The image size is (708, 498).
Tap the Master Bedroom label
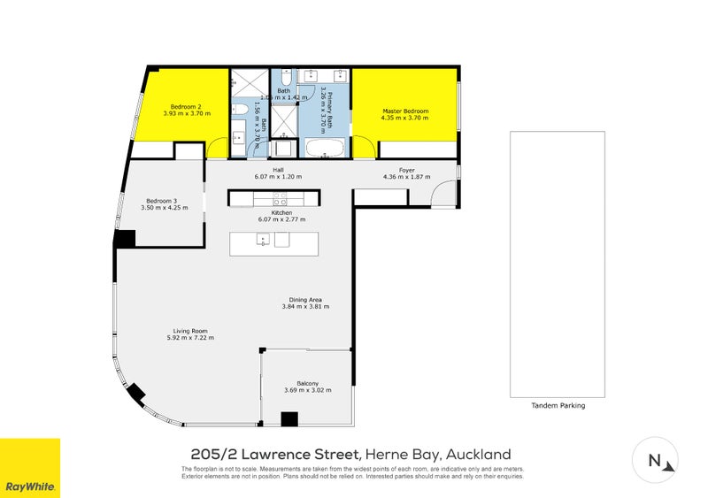(x=404, y=111)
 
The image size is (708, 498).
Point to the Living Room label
(x=190, y=330)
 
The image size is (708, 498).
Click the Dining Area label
(x=305, y=299)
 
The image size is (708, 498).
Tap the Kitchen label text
(x=281, y=212)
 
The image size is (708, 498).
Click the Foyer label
(x=406, y=169)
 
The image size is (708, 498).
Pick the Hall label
(x=278, y=169)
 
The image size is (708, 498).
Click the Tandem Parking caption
(x=558, y=406)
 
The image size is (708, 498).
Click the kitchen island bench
(x=273, y=243)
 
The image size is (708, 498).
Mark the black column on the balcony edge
(x=289, y=419)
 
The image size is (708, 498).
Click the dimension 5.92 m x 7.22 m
(x=190, y=338)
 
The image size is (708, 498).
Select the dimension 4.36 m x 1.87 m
(x=406, y=177)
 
